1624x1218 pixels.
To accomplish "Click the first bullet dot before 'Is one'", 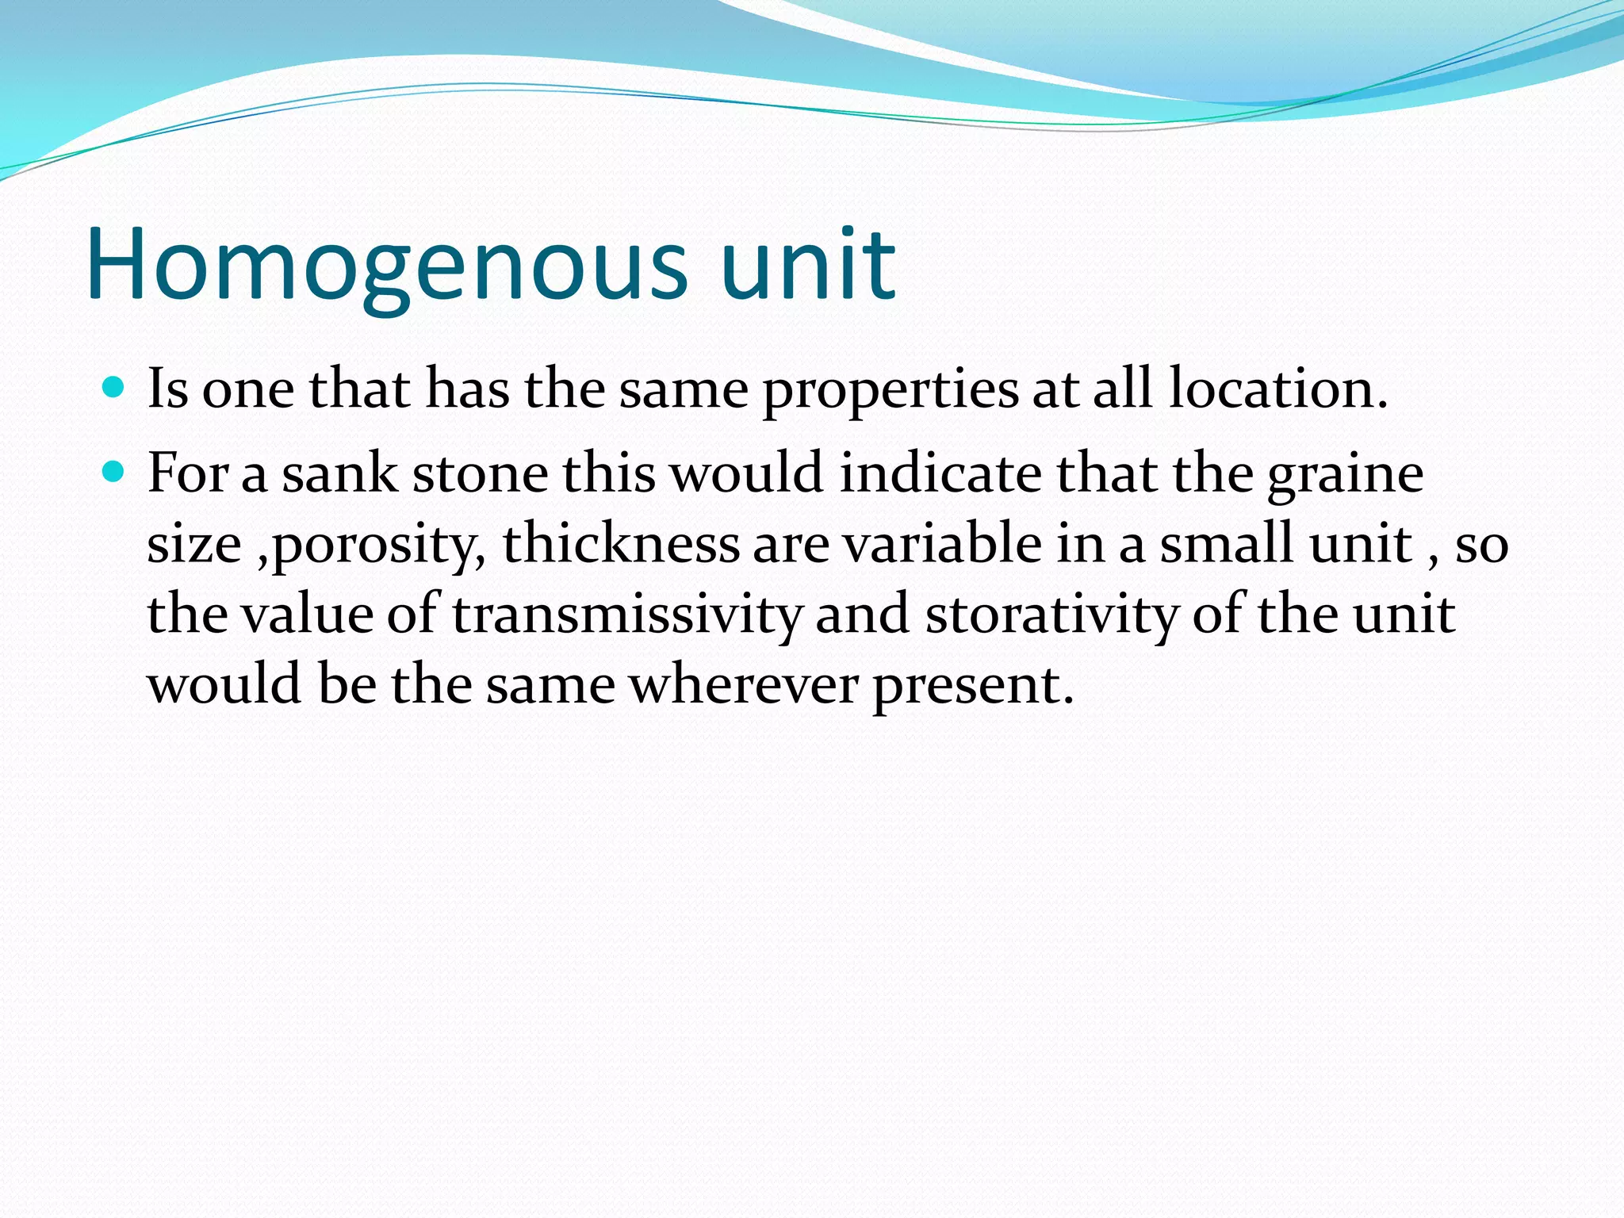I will [114, 388].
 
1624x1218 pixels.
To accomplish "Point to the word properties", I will [891, 390].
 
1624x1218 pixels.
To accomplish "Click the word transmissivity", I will [627, 615].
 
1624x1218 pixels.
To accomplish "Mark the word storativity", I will [1051, 615].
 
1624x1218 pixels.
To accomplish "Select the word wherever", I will [744, 684].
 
